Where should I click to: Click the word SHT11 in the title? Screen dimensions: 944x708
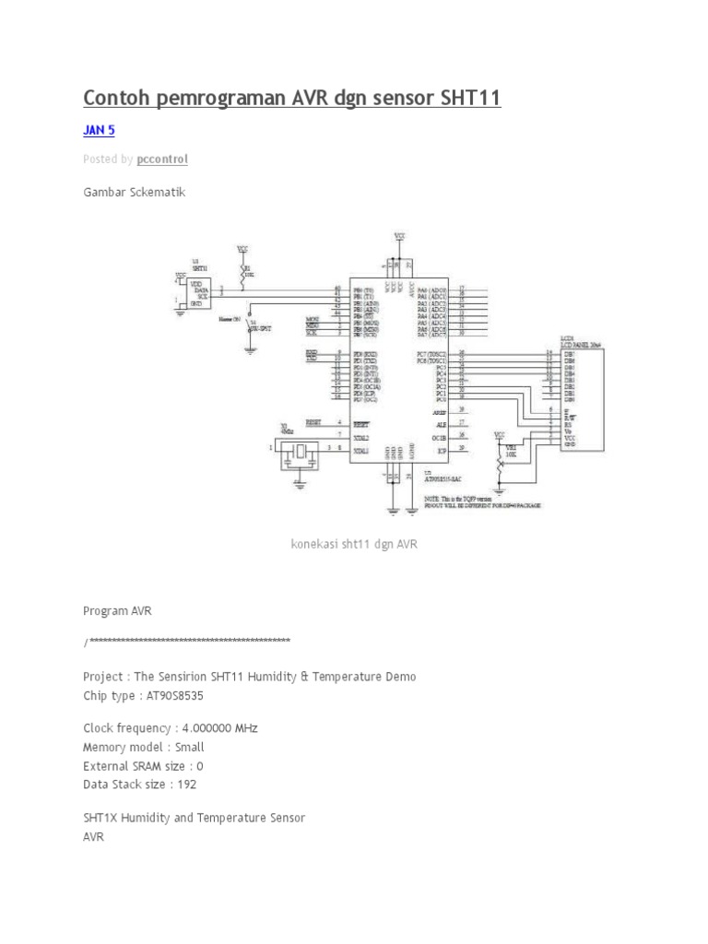point(466,97)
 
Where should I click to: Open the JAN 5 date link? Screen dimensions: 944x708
point(99,131)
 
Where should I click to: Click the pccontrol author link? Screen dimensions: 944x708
point(162,159)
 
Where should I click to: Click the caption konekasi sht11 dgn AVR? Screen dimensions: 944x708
point(354,545)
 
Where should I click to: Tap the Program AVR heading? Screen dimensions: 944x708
point(117,610)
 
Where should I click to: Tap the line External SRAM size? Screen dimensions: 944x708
point(143,766)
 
